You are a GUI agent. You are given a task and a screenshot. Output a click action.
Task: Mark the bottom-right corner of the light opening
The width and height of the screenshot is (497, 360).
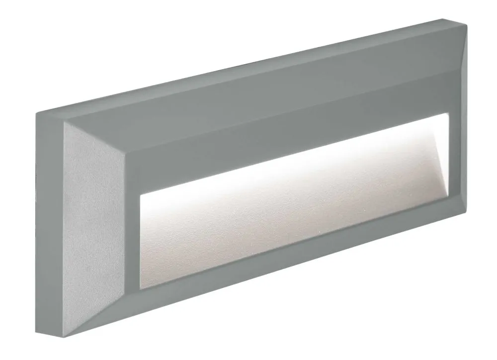click(x=449, y=211)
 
